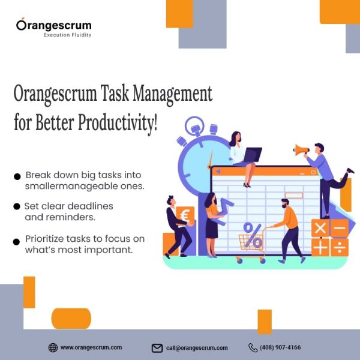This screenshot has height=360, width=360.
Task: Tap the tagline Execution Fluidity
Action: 67,35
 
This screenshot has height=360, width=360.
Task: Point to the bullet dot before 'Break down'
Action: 17,176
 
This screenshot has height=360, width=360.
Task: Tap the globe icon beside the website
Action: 53,347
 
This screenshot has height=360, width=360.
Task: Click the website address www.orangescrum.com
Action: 91,347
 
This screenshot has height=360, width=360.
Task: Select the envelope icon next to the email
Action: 157,348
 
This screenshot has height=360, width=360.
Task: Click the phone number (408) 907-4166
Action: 280,347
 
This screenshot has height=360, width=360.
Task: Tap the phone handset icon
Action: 253,347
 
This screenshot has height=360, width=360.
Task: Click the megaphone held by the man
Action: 300,150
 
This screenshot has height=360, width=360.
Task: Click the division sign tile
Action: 339,247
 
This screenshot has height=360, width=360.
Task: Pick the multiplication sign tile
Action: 320,228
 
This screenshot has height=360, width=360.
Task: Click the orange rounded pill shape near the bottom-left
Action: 71,318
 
